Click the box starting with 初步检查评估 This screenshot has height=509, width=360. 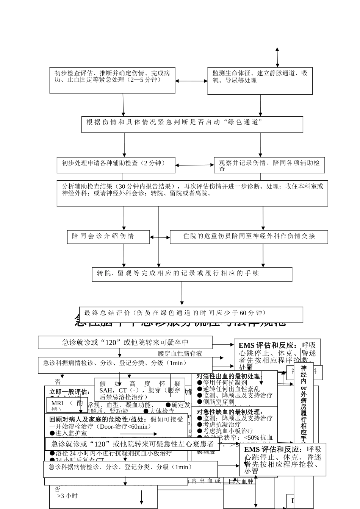tap(112, 80)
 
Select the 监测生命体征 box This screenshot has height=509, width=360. tap(260, 81)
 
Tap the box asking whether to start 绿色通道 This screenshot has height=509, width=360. tap(192, 124)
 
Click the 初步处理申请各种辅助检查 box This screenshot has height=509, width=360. tap(116, 165)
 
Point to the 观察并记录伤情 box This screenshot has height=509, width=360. tap(269, 165)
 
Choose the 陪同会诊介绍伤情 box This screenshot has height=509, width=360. tap(108, 237)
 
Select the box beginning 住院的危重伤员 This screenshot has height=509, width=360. tap(249, 237)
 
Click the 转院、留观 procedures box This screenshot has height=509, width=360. tap(192, 274)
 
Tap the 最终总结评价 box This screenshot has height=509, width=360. tap(191, 314)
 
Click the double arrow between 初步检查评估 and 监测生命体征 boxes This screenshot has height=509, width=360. tap(191, 81)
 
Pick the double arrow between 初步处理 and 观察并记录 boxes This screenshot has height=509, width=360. tap(194, 165)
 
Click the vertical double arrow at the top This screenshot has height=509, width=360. tap(277, 58)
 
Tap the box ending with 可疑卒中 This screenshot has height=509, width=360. tap(125, 342)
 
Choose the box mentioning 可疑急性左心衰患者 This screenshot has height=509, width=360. tap(133, 444)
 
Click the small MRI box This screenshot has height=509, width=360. tap(67, 404)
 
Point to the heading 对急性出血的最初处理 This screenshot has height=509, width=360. tap(229, 376)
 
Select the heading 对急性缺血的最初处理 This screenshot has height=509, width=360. tap(229, 412)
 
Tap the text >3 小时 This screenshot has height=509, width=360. tap(67, 496)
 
